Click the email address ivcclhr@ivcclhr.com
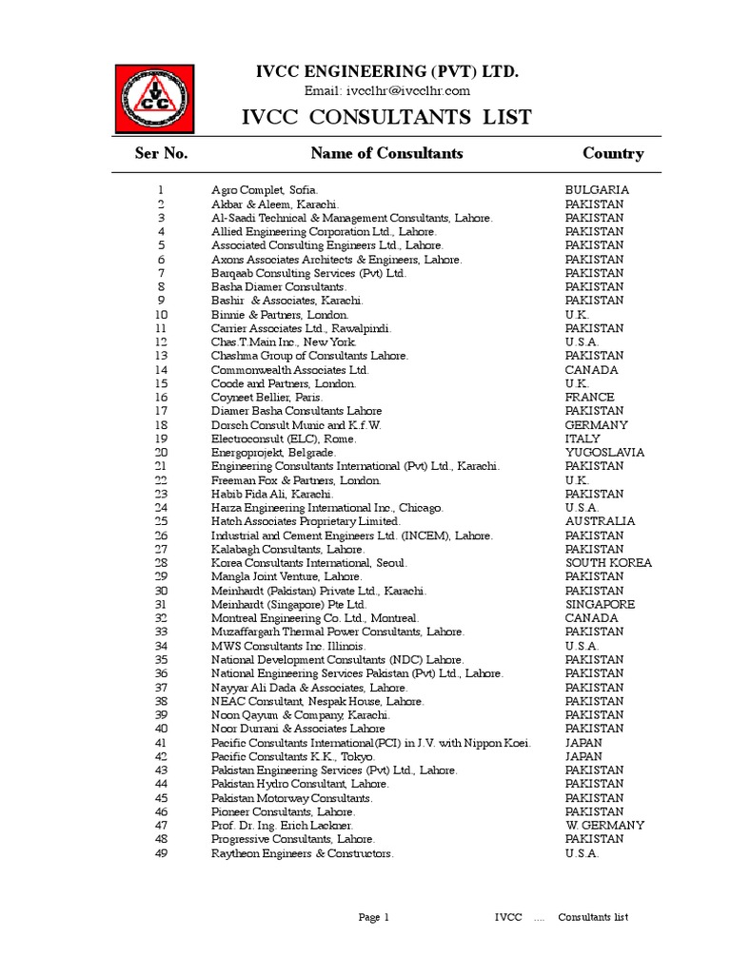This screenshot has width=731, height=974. click(386, 90)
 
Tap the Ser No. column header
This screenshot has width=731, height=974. click(161, 153)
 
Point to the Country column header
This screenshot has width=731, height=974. click(613, 153)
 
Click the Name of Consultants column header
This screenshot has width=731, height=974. click(386, 153)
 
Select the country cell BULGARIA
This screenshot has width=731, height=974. click(597, 190)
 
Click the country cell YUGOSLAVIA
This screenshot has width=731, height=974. click(604, 453)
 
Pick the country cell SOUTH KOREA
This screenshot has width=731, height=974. click(608, 563)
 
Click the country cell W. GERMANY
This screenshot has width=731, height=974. click(604, 826)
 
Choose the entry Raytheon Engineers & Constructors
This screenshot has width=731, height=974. click(302, 853)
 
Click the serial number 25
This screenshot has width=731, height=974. click(161, 522)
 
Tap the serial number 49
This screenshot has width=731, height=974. click(161, 853)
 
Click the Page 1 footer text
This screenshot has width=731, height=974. click(374, 917)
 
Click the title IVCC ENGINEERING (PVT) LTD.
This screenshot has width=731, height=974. click(385, 72)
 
